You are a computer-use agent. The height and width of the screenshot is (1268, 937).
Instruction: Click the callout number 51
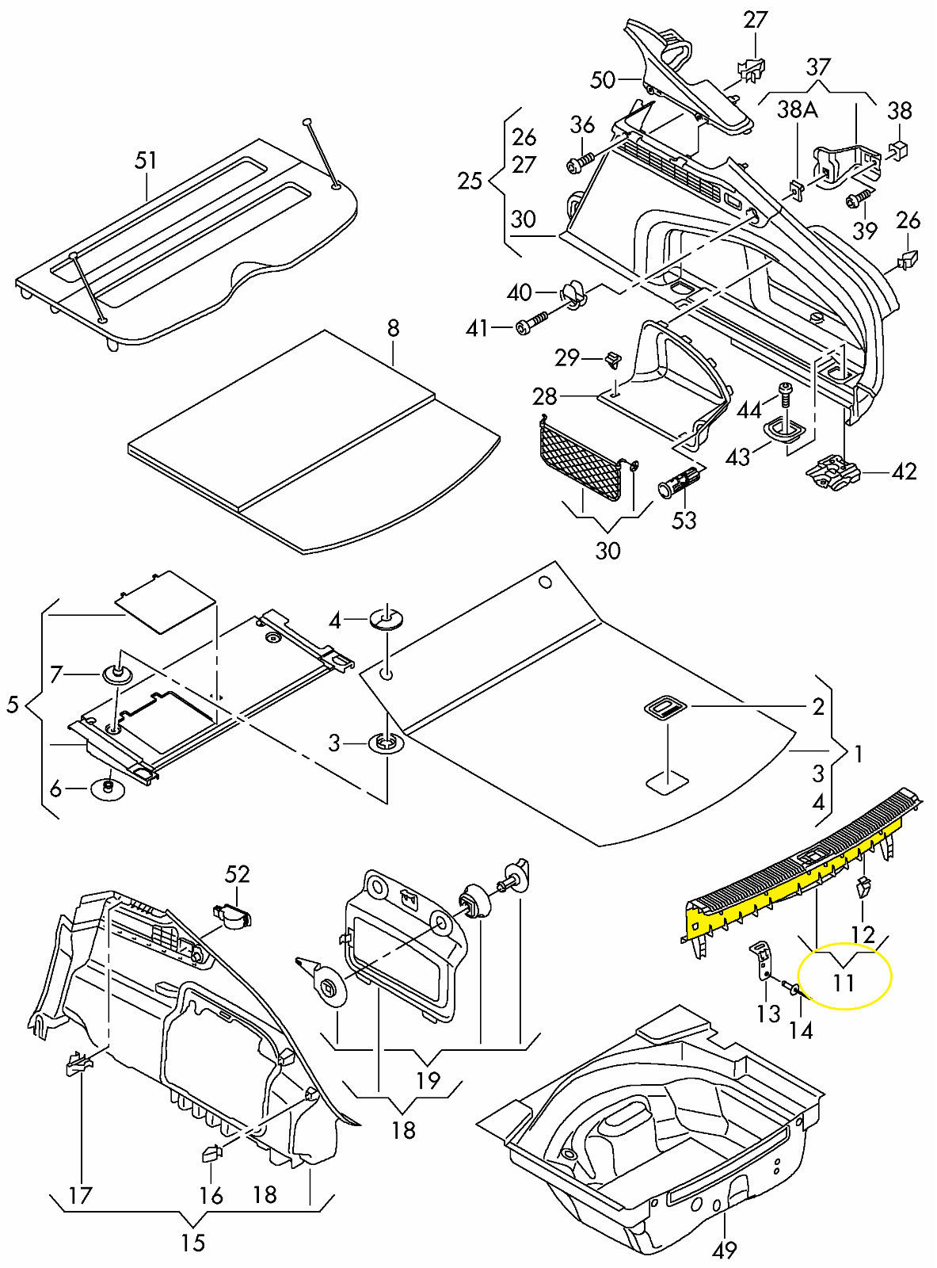coord(146,161)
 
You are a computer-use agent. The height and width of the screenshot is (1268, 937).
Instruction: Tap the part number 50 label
coord(603,79)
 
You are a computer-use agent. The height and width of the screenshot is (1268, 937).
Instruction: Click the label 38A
coord(797,110)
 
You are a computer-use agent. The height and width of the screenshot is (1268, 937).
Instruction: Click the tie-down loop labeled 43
coord(786,430)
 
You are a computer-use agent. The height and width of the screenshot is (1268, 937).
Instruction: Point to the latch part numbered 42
coord(833,472)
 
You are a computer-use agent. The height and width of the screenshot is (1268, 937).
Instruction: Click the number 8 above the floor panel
coord(394,327)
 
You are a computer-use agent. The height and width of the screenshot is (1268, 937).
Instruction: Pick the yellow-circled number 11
coord(844,983)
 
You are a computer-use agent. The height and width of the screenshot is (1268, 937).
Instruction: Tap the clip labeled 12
coord(863,887)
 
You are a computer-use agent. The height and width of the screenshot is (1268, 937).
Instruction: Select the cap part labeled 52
coord(233,916)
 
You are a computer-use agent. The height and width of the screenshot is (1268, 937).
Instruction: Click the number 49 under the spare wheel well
coord(724,1250)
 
